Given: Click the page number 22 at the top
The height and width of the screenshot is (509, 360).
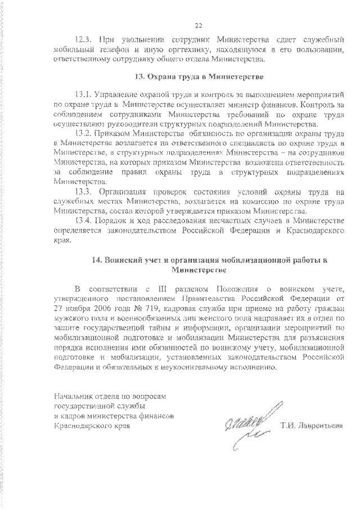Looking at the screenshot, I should [x=198, y=25].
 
